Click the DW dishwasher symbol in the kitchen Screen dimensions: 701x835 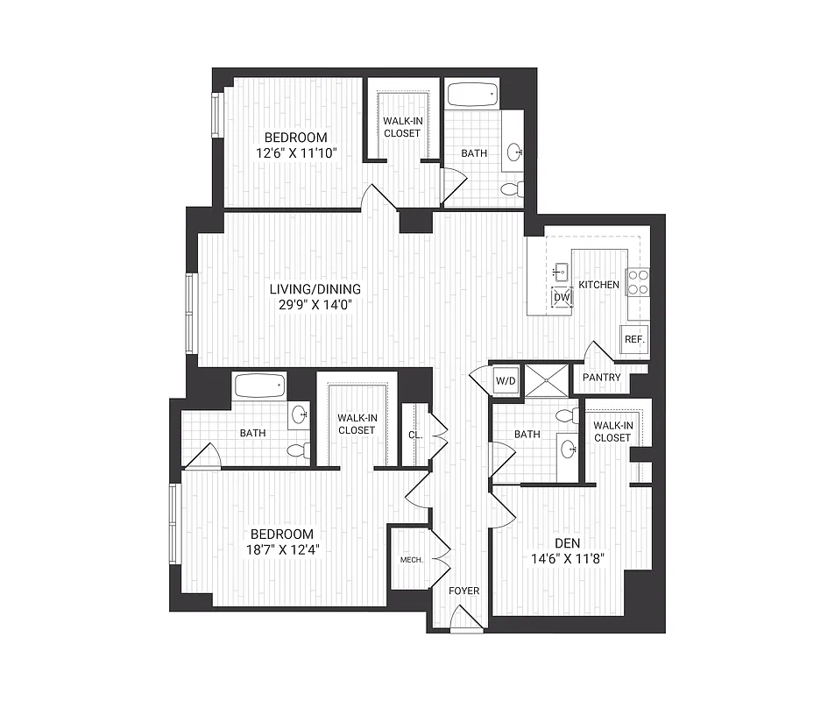click(562, 298)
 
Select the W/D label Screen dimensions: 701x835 click(506, 381)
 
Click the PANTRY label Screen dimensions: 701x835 click(601, 378)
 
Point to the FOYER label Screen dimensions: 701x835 click(464, 591)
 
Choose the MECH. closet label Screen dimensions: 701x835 click(412, 560)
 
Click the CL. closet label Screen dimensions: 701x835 click(415, 434)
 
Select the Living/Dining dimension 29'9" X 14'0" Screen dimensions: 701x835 click(315, 305)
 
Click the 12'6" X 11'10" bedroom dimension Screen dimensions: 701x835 click(296, 153)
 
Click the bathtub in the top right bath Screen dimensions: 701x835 click(471, 95)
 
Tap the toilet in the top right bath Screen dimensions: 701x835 click(512, 188)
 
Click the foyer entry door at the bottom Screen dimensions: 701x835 click(465, 623)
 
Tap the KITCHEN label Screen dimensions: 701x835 click(599, 285)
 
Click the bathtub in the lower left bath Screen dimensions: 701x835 click(259, 385)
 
